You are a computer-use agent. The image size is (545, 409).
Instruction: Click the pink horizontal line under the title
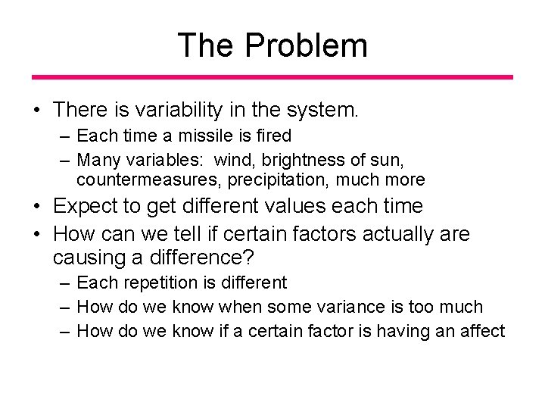272,77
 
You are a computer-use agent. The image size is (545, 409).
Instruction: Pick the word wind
233,160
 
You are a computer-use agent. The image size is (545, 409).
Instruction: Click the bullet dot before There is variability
36,111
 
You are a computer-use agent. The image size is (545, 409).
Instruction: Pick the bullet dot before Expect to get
36,207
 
